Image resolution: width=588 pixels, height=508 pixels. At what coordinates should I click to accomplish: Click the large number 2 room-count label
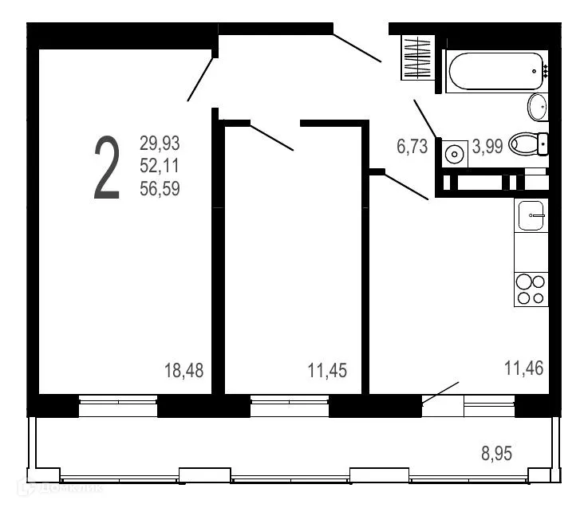(x=107, y=167)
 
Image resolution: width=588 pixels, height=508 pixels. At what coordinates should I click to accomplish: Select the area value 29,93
(x=160, y=144)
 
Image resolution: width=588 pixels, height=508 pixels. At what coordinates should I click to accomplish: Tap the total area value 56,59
(x=160, y=190)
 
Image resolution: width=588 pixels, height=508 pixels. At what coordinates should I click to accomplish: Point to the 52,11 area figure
(x=160, y=167)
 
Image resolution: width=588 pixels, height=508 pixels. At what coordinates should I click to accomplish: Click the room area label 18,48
(x=184, y=370)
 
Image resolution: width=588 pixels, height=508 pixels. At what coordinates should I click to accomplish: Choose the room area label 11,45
(x=327, y=370)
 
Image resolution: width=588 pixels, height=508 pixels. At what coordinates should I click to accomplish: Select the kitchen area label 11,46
(x=523, y=368)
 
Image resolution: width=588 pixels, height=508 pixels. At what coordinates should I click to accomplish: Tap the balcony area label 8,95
(x=495, y=454)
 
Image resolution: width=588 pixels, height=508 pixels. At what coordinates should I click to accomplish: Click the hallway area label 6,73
(x=412, y=147)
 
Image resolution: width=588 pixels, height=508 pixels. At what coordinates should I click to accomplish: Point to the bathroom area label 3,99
(x=487, y=147)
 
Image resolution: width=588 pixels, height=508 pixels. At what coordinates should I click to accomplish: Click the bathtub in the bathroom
(x=495, y=72)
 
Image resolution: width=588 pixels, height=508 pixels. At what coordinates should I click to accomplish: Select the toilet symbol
(x=527, y=144)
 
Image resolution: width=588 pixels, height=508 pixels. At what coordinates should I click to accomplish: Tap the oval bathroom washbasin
(x=537, y=106)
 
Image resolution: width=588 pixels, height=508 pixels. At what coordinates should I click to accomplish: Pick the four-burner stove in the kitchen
(x=531, y=289)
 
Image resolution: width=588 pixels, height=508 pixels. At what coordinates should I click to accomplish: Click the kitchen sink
(x=531, y=215)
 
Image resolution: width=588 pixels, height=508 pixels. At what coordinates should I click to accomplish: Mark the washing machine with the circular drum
(x=456, y=153)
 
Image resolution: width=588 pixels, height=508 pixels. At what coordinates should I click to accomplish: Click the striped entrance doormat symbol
(x=416, y=57)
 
